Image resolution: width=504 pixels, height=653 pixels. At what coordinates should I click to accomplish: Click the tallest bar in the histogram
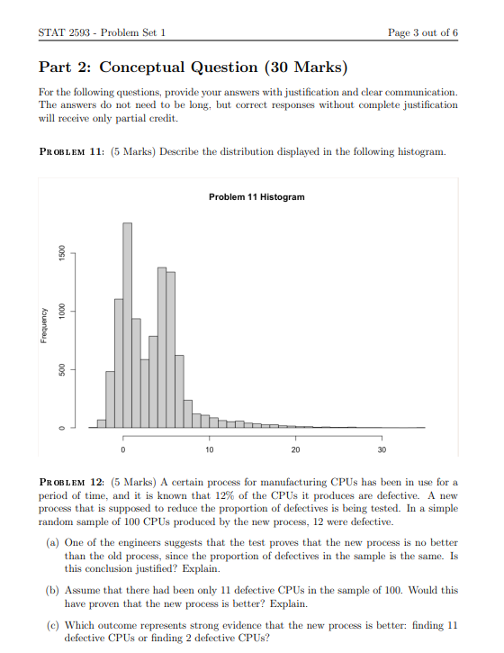pos(127,324)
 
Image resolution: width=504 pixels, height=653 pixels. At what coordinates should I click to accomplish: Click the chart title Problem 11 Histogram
pos(256,196)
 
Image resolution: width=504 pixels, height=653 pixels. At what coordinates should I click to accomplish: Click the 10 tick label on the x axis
pos(209,448)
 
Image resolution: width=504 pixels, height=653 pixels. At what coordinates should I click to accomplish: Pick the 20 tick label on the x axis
pos(295,448)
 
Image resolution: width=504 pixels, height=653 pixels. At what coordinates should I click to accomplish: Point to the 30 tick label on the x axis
pos(382,448)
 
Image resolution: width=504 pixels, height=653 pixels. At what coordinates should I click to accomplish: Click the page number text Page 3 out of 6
pos(422,32)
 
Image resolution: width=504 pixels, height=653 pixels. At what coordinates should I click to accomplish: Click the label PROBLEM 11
pos(73,152)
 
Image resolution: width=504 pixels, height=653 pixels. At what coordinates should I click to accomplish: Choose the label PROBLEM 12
pos(73,483)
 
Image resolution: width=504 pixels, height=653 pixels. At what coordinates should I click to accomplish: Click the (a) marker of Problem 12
pos(54,543)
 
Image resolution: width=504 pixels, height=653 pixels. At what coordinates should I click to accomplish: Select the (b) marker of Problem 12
pos(54,591)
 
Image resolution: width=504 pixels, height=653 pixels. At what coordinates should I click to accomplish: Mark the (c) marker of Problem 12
pos(54,625)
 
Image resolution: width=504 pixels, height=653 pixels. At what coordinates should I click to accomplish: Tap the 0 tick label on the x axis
pos(123,448)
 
